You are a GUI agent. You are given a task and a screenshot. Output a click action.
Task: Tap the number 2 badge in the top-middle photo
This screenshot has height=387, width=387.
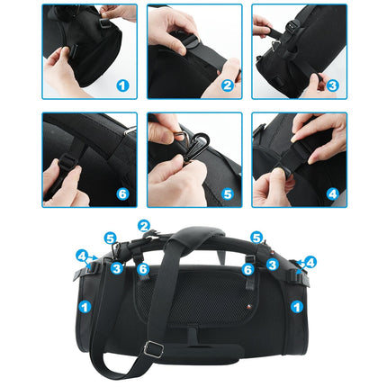(x=225, y=86)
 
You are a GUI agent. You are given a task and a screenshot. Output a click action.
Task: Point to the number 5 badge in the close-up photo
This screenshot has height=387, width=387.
(x=227, y=193)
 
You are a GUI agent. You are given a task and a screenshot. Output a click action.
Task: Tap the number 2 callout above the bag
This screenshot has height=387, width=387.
(x=144, y=225)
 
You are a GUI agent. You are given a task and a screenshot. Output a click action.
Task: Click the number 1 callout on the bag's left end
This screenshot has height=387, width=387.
(x=84, y=307)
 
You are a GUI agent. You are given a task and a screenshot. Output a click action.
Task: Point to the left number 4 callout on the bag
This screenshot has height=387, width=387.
(x=82, y=256)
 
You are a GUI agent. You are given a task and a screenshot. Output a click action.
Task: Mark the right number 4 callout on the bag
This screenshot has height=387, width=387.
(x=310, y=263)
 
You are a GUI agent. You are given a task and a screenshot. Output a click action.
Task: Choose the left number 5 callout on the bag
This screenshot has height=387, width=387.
(x=110, y=238)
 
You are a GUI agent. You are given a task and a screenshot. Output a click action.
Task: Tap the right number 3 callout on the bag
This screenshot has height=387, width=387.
(x=272, y=265)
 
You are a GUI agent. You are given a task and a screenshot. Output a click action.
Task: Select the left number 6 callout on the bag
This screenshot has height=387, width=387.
(x=143, y=269)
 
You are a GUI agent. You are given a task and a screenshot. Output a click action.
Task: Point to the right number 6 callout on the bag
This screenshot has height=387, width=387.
(x=247, y=269)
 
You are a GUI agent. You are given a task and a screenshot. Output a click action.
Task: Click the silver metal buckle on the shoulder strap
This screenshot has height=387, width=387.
(x=156, y=348)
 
